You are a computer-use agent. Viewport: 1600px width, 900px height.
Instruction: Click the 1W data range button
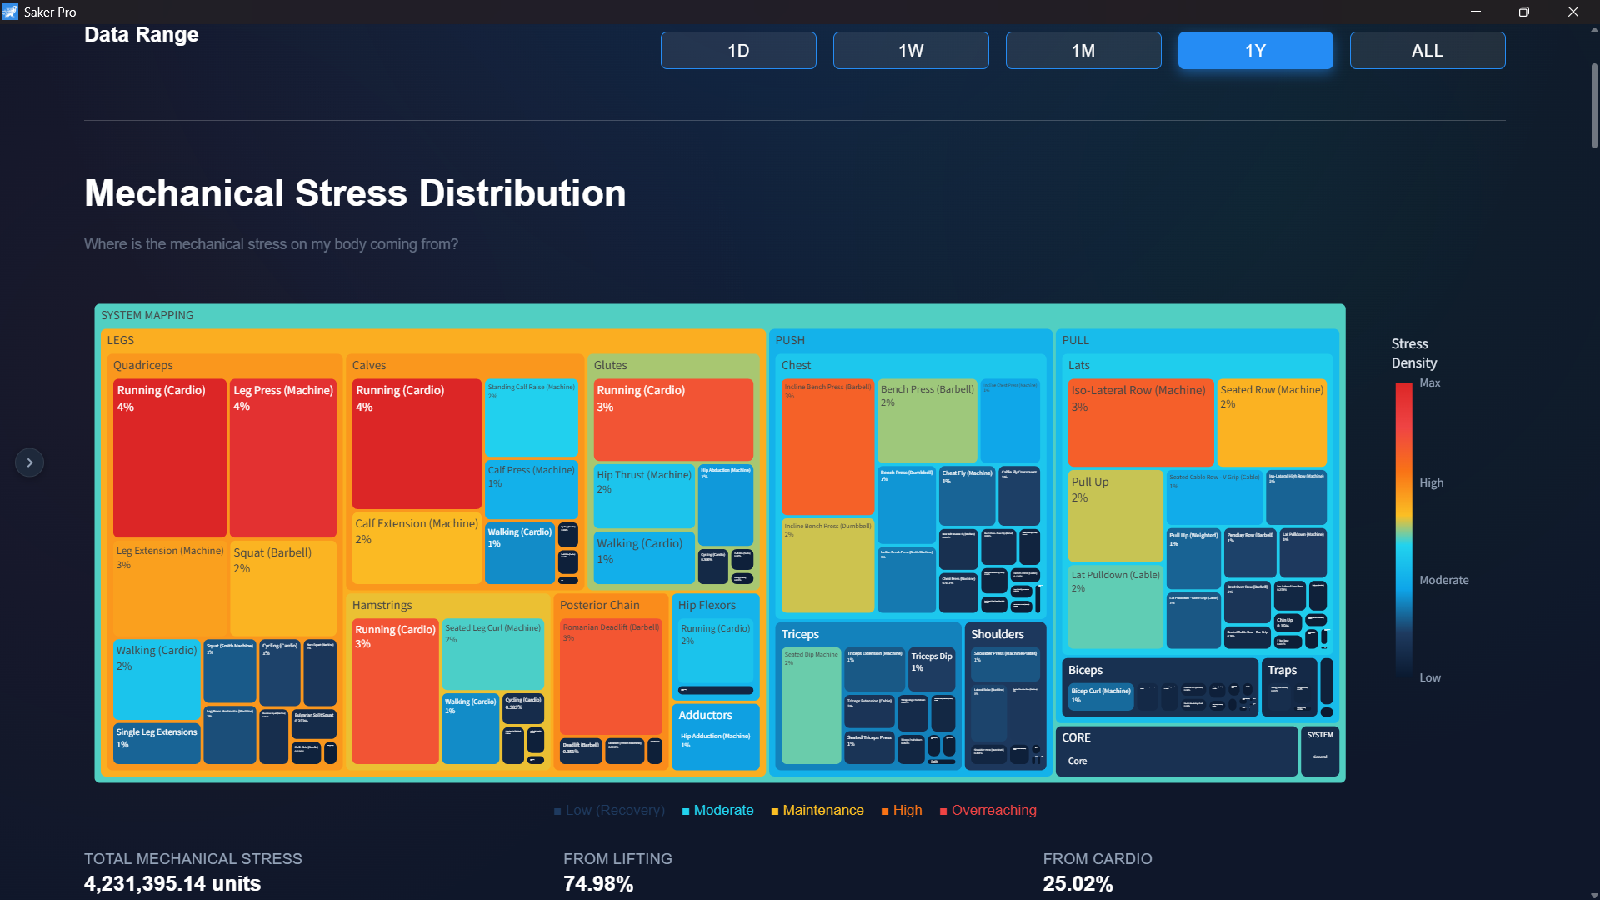point(911,51)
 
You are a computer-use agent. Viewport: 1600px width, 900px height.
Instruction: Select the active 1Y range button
point(1255,51)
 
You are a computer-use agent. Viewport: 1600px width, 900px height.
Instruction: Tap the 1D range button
point(738,51)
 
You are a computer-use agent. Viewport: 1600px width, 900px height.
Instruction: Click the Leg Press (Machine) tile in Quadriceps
point(283,458)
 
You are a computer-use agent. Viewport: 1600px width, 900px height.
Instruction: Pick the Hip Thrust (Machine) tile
point(643,496)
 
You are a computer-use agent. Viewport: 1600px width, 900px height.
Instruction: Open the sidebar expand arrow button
point(30,462)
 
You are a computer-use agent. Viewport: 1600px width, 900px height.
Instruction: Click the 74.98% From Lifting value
point(598,883)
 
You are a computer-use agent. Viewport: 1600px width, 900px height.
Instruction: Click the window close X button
point(1572,12)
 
